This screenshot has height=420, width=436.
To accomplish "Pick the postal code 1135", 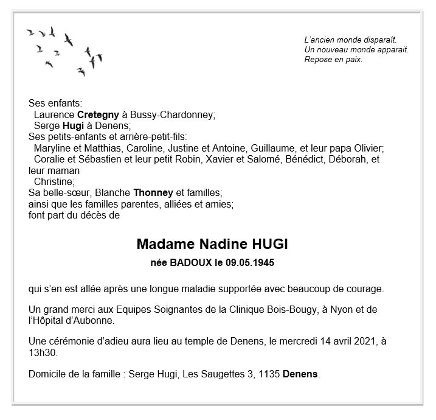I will (x=269, y=373).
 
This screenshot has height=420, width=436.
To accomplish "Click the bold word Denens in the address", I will (x=300, y=373).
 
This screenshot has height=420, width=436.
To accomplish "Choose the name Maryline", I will (x=52, y=148).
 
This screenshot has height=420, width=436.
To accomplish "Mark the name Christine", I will (x=54, y=181).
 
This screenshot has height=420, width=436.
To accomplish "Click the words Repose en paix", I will (x=333, y=59).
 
